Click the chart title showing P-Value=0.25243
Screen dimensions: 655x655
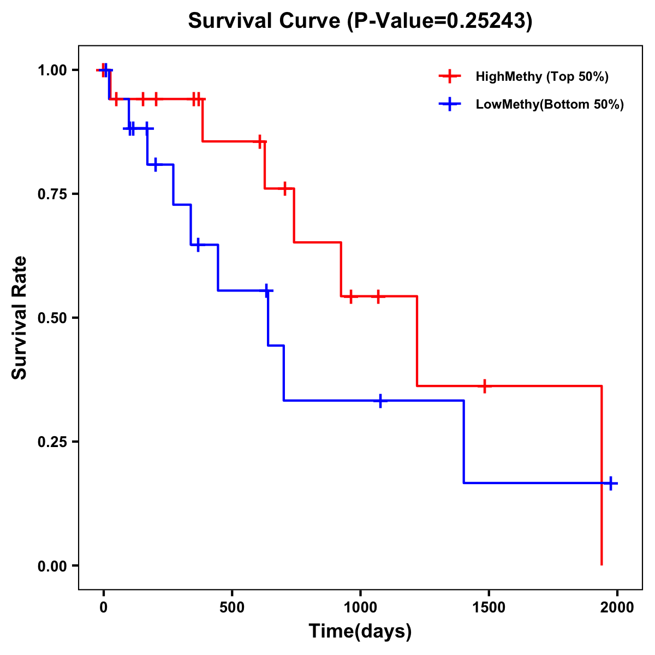coord(360,21)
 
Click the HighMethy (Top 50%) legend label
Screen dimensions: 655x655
coord(541,76)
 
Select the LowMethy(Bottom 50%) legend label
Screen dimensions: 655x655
coord(550,104)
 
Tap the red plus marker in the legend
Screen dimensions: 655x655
coord(450,76)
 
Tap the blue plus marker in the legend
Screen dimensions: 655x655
coord(450,104)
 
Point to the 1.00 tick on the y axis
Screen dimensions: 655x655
coord(52,70)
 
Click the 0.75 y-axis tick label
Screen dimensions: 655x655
coord(52,194)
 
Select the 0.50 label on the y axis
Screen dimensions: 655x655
coord(52,318)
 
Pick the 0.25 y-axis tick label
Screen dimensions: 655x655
coord(52,442)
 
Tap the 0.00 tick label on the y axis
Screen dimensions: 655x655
coord(52,566)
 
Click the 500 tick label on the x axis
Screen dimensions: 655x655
coord(232,608)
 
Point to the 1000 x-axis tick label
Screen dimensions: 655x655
coord(360,608)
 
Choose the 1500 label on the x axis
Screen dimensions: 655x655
coord(489,608)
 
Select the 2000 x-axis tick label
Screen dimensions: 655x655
coord(617,608)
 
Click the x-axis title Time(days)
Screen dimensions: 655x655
coord(360,632)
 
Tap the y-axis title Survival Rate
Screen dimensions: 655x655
coord(20,318)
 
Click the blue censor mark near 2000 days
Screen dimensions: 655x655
coord(611,483)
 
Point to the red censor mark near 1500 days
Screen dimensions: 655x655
coord(484,386)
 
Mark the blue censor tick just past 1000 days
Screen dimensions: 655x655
coord(380,401)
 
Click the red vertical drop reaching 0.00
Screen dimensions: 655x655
coord(602,491)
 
